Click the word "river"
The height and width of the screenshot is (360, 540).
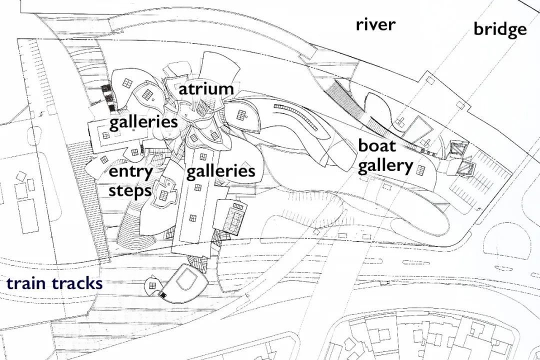click(x=375, y=25)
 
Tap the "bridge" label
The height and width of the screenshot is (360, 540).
click(x=500, y=29)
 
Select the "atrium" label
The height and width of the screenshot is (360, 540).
click(x=206, y=89)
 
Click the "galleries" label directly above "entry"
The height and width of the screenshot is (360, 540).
click(x=143, y=122)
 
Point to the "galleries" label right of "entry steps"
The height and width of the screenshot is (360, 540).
click(x=221, y=171)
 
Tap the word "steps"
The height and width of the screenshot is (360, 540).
click(x=130, y=191)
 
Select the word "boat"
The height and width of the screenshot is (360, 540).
click(x=377, y=145)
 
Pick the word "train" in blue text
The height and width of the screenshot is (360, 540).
click(x=26, y=283)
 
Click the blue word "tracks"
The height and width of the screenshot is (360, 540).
click(x=77, y=283)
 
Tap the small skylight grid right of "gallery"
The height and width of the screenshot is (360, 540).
click(x=420, y=170)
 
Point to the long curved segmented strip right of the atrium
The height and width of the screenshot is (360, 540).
click(x=295, y=116)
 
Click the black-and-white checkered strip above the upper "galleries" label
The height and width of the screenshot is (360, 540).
click(x=107, y=97)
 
